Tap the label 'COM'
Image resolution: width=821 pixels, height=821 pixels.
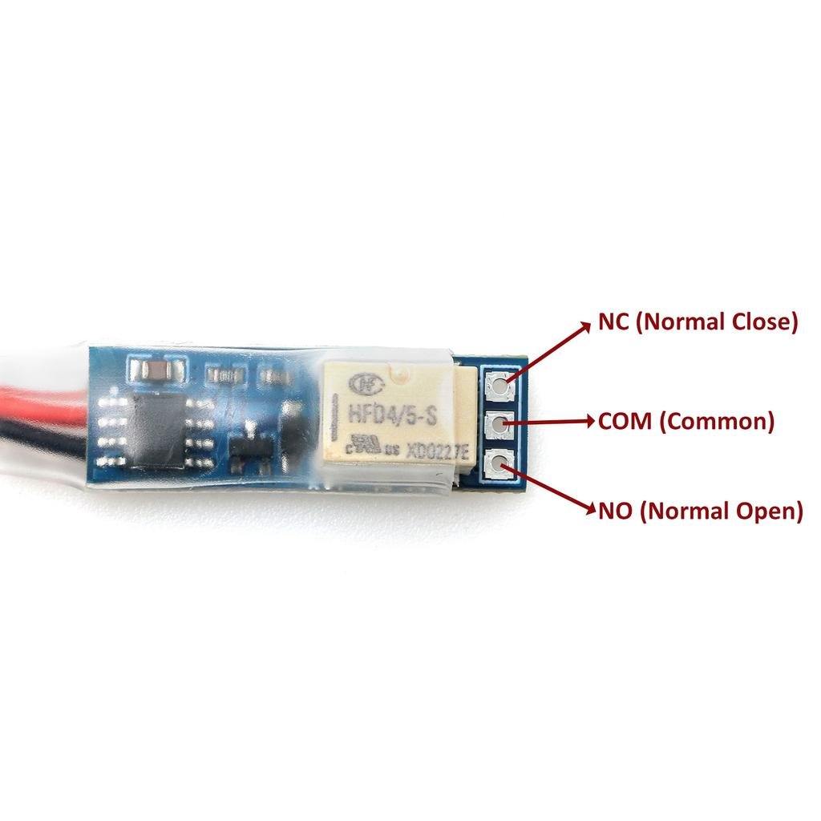point(625,421)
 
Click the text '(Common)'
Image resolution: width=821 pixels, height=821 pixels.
point(717,421)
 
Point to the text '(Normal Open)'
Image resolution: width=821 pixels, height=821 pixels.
point(722,510)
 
